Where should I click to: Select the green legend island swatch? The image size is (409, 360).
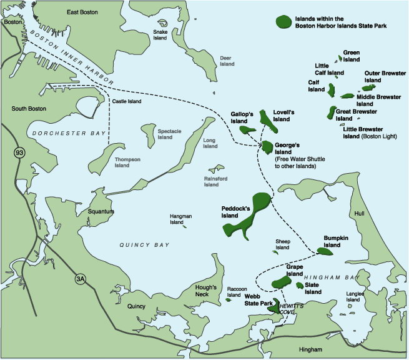pyautogui.click(x=285, y=20)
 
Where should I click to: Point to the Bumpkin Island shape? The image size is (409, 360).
pyautogui.click(x=326, y=251)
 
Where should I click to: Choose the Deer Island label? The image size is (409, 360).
pyautogui.click(x=226, y=61)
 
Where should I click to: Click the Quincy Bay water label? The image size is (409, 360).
pyautogui.click(x=145, y=246)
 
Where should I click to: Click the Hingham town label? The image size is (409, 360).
pyautogui.click(x=310, y=349)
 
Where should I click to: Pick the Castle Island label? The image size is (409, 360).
pyautogui.click(x=127, y=101)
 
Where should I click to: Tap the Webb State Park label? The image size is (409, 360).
pyautogui.click(x=259, y=299)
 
